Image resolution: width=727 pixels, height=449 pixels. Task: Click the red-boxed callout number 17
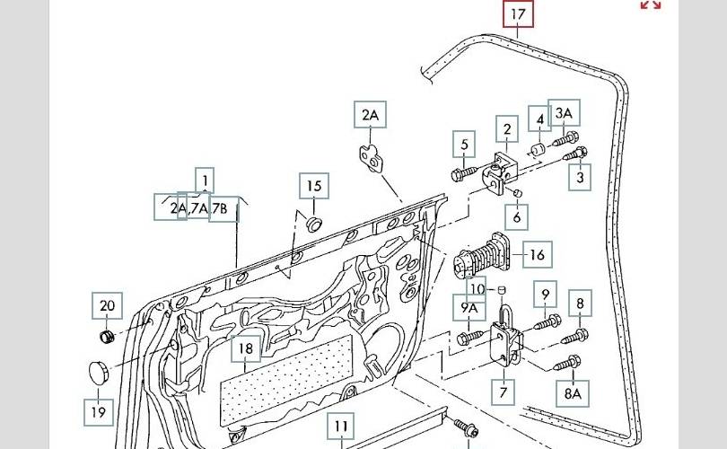pos(518,15)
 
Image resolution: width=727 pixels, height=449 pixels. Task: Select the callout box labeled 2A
pos(370,116)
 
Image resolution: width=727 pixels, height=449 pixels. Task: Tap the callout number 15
pos(314,187)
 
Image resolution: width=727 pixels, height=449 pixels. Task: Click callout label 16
pos(537,255)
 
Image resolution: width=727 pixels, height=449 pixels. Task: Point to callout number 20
pos(108,306)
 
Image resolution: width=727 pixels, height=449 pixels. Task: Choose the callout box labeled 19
pos(98,412)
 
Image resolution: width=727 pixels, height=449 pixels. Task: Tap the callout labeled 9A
pos(470,308)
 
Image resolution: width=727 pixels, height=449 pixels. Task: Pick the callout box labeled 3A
pos(564,113)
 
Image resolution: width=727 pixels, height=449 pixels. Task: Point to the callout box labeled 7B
pos(224,209)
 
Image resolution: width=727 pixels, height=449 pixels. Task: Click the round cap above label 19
pos(98,371)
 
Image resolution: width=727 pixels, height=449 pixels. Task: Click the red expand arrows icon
pos(651,4)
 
